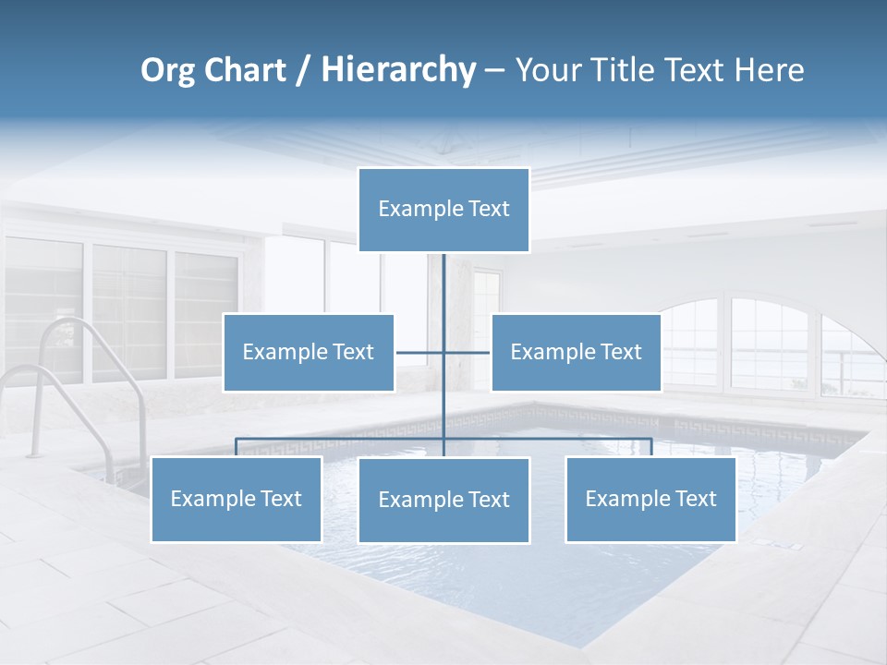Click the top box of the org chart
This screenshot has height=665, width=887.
[443, 210]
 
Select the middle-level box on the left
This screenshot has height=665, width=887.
[309, 353]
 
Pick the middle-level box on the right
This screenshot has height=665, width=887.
[576, 353]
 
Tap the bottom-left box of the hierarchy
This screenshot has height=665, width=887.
[237, 500]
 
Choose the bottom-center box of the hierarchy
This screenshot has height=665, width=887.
[443, 501]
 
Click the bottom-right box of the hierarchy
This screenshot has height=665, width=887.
[650, 500]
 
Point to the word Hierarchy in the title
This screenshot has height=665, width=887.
[398, 70]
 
